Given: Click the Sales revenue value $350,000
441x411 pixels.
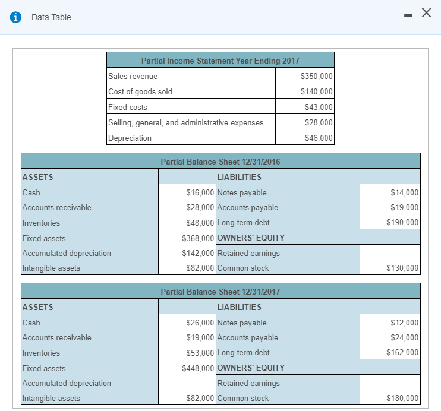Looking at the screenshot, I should click(x=317, y=76).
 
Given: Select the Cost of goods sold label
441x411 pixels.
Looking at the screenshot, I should click(x=140, y=91).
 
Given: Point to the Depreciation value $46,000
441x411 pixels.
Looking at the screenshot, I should click(x=319, y=138).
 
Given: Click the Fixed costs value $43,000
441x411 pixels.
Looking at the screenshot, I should click(x=319, y=107).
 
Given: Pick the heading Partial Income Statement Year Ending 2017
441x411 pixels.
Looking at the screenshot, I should click(x=220, y=61).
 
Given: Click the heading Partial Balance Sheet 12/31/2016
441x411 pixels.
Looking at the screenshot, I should click(x=220, y=162).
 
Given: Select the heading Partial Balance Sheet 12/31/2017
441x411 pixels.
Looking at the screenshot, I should click(x=220, y=292).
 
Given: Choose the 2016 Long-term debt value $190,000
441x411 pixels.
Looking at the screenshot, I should click(x=402, y=223).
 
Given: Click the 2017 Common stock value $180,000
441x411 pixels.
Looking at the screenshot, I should click(x=402, y=398).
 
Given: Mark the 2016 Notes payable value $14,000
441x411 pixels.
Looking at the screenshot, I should click(x=404, y=192).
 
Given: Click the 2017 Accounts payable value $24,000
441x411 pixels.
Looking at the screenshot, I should click(x=404, y=337).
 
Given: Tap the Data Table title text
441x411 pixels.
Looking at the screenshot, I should click(x=51, y=17).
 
